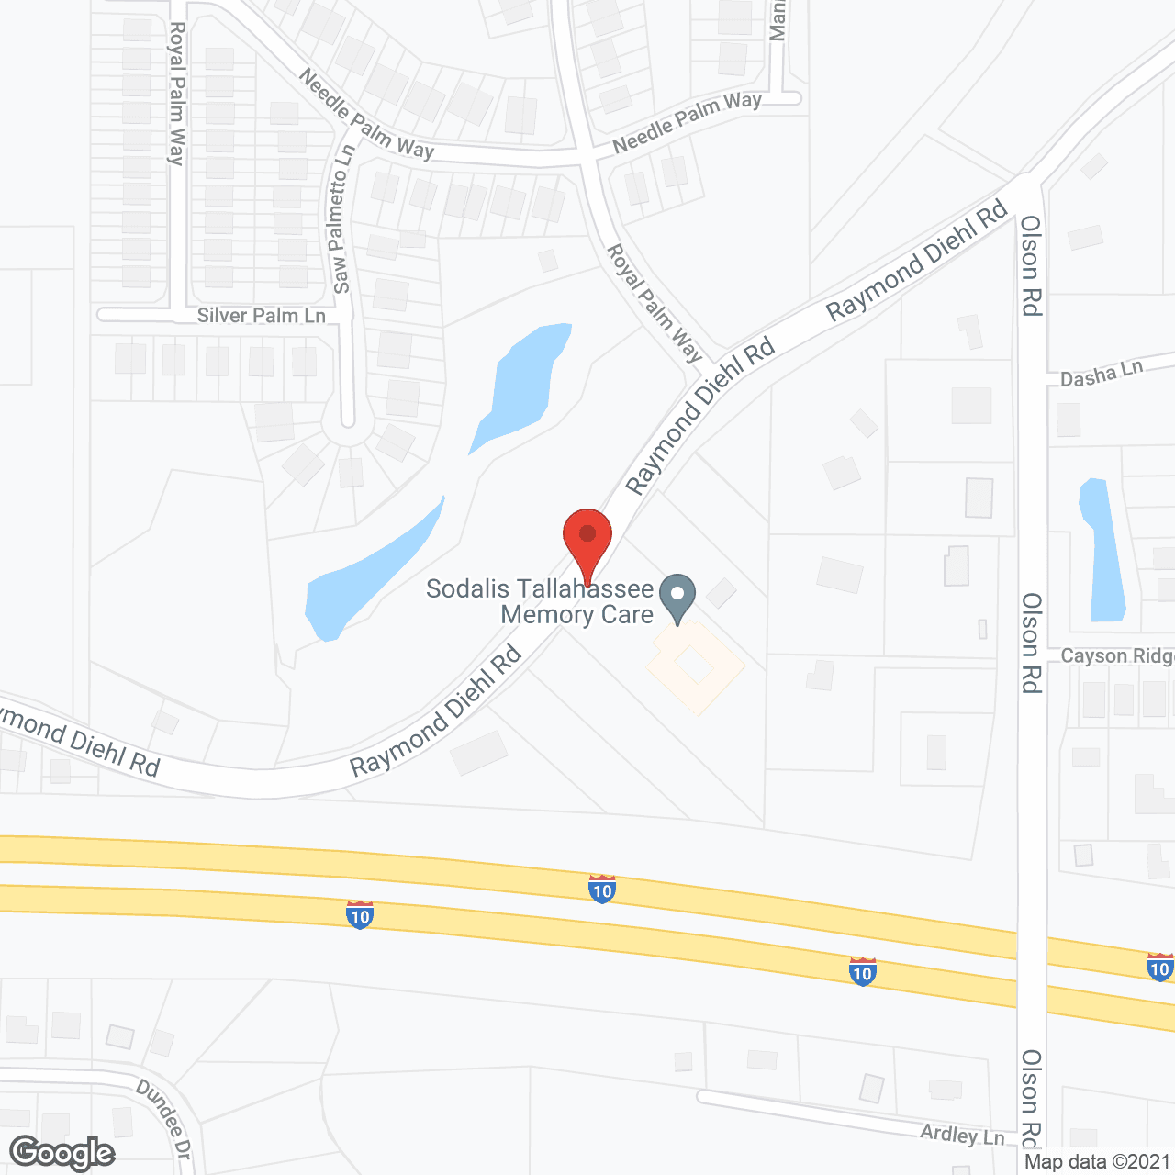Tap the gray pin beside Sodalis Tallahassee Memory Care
677,596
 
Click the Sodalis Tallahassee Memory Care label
540,601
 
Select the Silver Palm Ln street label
261,316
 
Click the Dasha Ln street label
1102,375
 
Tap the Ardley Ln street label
962,1135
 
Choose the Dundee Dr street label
163,1118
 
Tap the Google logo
62,1153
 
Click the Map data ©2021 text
1098,1162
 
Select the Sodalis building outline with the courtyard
696,667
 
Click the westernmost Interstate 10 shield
360,914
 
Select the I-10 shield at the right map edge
1159,967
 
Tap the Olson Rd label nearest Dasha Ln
1031,266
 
